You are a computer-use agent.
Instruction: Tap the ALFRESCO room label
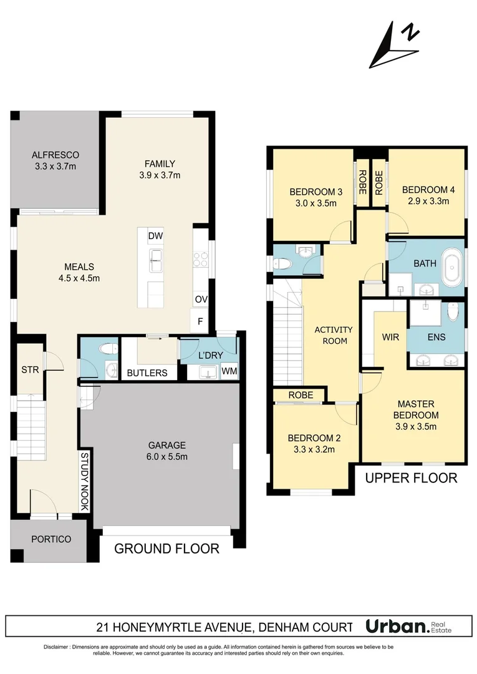point(55,160)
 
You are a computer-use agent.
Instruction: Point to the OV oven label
point(201,300)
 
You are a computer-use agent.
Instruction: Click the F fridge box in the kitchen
point(201,322)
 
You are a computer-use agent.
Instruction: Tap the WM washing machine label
point(229,372)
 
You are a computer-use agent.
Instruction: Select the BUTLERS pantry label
point(147,373)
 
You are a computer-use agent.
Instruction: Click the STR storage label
point(30,369)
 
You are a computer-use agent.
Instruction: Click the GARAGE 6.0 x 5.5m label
point(166,451)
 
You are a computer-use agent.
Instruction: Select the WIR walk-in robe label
point(390,336)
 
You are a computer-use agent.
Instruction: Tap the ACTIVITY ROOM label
point(333,335)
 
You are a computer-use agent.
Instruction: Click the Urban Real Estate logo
point(417,626)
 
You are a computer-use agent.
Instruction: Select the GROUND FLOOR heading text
point(166,549)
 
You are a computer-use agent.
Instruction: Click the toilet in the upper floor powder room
point(282,265)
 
